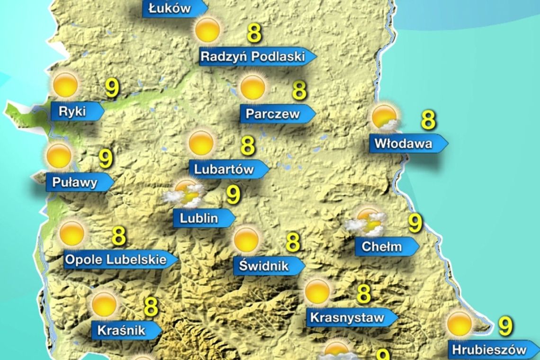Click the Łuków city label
170,9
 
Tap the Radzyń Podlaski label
252,57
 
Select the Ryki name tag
72,112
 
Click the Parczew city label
273,114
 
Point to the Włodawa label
404,143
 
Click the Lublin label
199,218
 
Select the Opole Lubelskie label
116,260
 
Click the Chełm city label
382,246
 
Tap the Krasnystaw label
347,317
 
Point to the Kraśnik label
121,330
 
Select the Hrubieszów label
489,350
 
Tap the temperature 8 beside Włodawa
428,120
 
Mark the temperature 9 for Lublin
233,195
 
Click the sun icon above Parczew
252,87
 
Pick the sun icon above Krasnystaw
317,292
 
